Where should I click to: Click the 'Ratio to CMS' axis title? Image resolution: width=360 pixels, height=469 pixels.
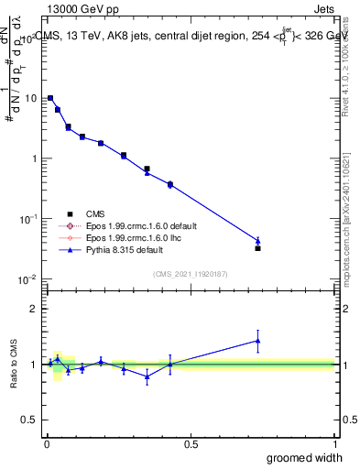coord(14,365)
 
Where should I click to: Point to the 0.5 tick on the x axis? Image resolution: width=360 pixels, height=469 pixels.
coord(191,444)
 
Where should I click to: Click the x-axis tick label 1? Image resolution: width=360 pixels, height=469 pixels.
coord(334,444)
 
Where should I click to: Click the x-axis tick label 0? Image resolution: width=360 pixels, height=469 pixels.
coord(47,444)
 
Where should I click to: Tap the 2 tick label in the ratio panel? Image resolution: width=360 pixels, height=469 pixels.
coord(34,309)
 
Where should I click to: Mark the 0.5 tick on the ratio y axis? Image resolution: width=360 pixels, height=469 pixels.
coord(29,420)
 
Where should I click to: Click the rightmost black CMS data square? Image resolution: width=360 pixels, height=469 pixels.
coord(257,248)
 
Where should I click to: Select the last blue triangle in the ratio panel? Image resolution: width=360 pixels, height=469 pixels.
coord(257,341)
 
